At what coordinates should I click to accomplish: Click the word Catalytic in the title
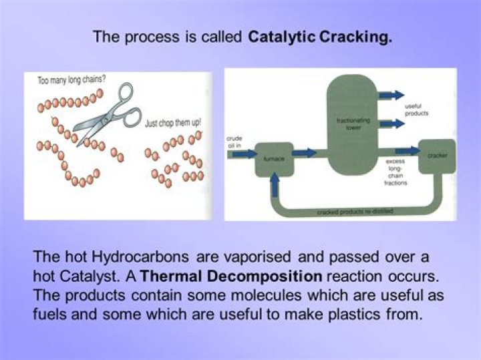(280, 37)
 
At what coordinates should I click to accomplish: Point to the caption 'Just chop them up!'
(173, 123)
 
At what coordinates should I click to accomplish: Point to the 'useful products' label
(417, 110)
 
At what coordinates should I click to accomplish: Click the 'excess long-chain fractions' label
(396, 172)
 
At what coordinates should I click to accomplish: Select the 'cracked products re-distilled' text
(355, 212)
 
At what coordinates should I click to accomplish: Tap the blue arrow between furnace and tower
(304, 153)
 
